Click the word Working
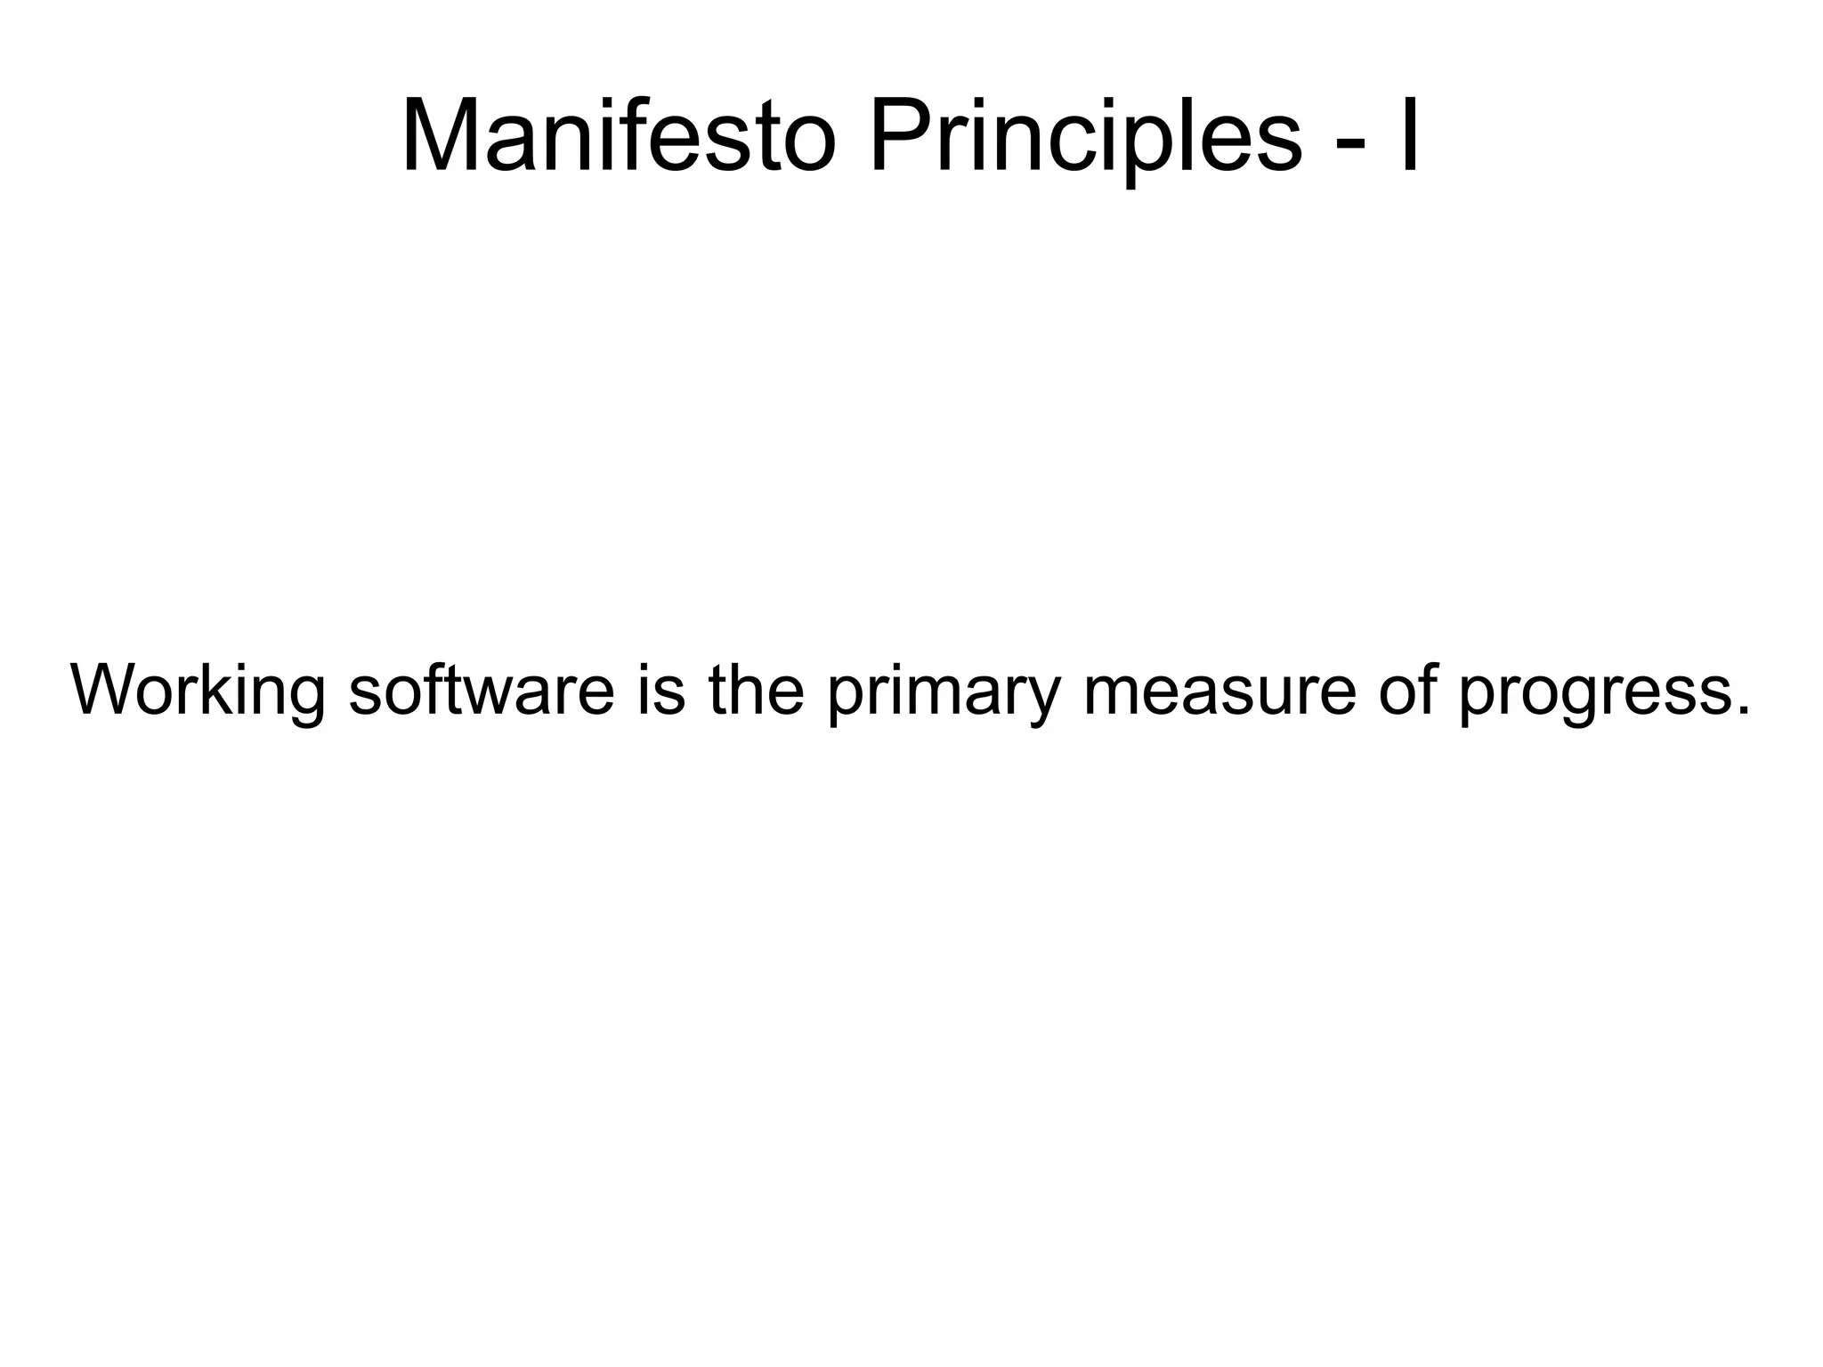[198, 690]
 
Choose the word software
[482, 690]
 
